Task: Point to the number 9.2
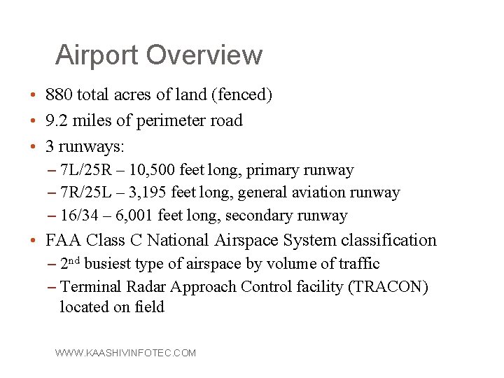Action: pyautogui.click(x=56, y=120)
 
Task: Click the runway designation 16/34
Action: pyautogui.click(x=80, y=216)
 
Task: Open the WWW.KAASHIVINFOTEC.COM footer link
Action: pyautogui.click(x=126, y=353)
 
